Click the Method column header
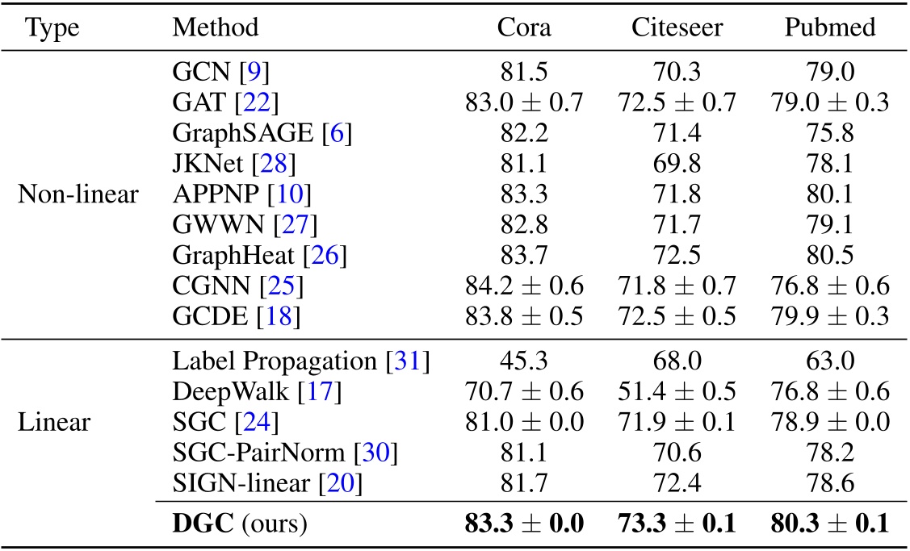216,27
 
